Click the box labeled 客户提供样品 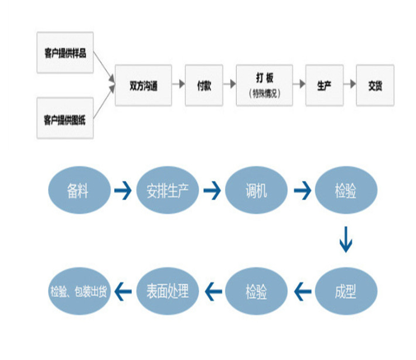pyautogui.click(x=65, y=53)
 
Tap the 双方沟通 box pyautogui.click(x=144, y=85)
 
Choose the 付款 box pyautogui.click(x=204, y=85)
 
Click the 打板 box pyautogui.click(x=264, y=85)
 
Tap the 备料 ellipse pyautogui.click(x=78, y=190)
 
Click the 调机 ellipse pyautogui.click(x=256, y=190)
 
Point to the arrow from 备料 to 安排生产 pyautogui.click(x=122, y=190)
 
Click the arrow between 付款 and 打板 pyautogui.click(x=229, y=85)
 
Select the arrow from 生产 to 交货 pyautogui.click(x=350, y=85)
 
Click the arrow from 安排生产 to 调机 pyautogui.click(x=212, y=190)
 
